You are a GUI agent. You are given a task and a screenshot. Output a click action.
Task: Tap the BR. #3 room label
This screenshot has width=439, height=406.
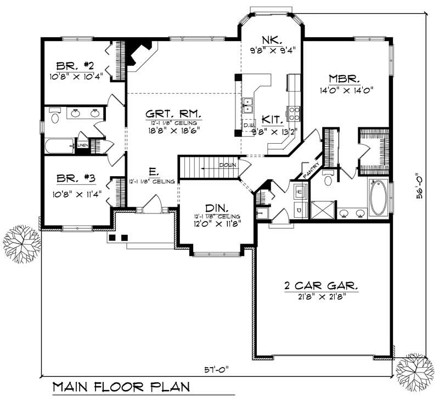(x=74, y=179)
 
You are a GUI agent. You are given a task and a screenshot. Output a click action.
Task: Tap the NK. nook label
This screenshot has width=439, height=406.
(x=273, y=40)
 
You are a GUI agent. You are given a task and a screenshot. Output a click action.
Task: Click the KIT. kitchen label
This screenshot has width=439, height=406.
(x=272, y=120)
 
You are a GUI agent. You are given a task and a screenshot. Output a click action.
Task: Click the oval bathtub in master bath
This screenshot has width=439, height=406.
(x=378, y=199)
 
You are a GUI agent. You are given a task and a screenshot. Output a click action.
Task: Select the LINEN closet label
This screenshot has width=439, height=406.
(x=82, y=145)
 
